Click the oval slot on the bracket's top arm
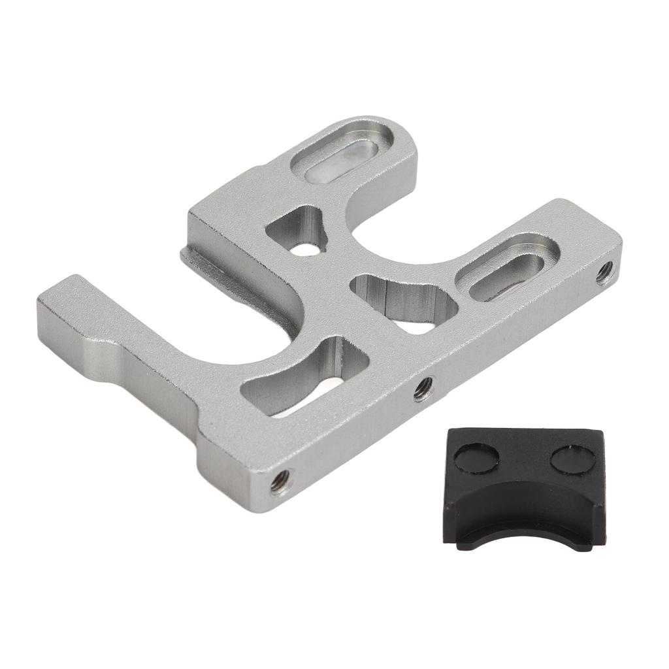coord(341,153)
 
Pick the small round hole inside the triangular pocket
coord(305,248)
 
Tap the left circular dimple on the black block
coord(476,457)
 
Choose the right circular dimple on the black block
coord(573,459)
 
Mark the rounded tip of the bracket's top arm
coord(392,131)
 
